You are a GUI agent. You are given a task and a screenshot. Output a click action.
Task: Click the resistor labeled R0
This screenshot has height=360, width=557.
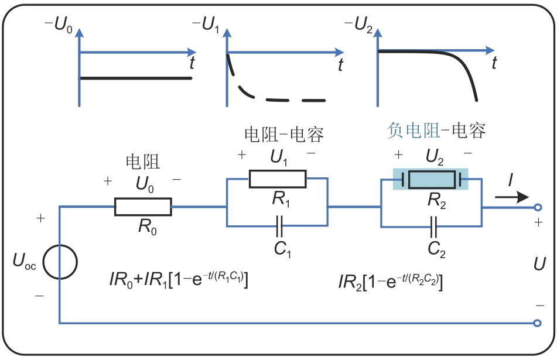click(143, 206)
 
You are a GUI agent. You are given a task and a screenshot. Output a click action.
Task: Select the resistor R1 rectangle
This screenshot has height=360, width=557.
click(277, 179)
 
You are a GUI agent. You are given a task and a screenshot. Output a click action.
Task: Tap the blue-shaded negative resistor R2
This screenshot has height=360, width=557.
click(432, 179)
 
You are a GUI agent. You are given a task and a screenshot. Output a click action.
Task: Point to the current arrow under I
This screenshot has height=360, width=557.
click(511, 197)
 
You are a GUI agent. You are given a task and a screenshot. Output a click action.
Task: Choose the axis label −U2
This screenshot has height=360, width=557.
click(359, 25)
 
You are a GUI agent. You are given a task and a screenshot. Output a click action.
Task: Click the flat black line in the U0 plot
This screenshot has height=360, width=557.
click(135, 78)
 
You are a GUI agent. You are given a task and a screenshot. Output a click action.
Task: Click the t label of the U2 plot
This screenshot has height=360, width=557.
click(495, 63)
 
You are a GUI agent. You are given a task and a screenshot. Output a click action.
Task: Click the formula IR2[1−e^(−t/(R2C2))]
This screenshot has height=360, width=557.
click(390, 282)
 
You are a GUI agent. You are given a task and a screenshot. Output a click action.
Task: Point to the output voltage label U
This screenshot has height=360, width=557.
click(539, 264)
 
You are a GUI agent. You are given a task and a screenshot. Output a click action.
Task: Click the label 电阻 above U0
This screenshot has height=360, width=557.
click(142, 163)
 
